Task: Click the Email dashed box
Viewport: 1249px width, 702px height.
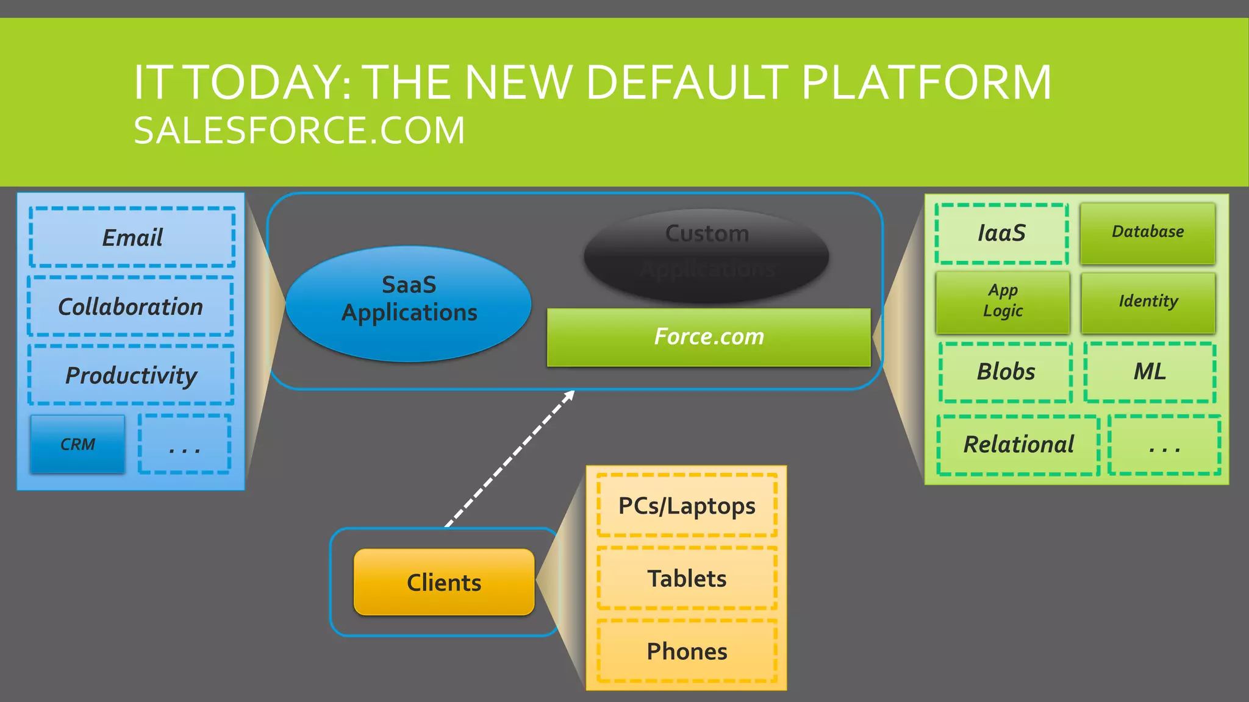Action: [132, 237]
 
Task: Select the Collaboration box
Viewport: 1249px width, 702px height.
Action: [131, 306]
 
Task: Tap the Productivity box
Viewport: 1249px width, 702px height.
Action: [131, 375]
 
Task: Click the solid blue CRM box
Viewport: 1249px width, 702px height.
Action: [77, 444]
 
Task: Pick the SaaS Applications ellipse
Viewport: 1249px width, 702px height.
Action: [409, 303]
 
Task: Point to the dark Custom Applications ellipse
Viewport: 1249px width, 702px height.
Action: [706, 255]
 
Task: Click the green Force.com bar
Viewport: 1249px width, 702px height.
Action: [709, 337]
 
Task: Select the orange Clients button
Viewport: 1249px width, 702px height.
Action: [444, 582]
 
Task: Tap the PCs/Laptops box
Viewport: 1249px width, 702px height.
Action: [687, 506]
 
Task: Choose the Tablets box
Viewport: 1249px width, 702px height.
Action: [687, 578]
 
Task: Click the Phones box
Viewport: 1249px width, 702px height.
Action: [687, 651]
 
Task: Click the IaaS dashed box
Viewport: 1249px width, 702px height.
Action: [1001, 233]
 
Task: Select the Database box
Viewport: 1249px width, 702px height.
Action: [1148, 233]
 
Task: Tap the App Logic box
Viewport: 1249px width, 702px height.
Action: [1003, 302]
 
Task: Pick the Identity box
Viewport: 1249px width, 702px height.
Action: [1148, 302]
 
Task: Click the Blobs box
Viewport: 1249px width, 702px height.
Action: [1006, 372]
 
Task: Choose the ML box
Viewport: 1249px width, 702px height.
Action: [1150, 372]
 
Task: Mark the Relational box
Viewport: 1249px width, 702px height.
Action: [1018, 445]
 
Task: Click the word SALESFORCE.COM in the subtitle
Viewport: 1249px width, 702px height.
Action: [299, 130]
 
